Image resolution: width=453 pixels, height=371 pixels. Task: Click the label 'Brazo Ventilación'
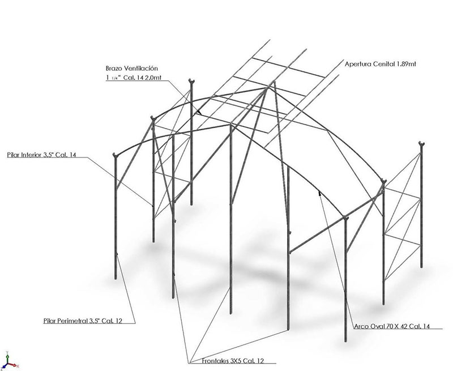pyautogui.click(x=132, y=68)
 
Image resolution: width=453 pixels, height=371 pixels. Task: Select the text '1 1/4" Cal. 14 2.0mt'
pyautogui.click(x=134, y=78)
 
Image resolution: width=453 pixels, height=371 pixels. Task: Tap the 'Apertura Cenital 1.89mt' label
pyautogui.click(x=380, y=64)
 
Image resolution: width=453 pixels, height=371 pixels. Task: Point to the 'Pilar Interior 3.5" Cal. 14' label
pyautogui.click(x=41, y=155)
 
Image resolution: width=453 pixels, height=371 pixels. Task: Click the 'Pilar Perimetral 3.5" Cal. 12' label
pyautogui.click(x=83, y=321)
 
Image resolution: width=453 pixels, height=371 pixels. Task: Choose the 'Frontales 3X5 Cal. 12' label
pyautogui.click(x=233, y=361)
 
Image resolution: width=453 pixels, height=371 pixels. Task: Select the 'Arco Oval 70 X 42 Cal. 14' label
pyautogui.click(x=392, y=326)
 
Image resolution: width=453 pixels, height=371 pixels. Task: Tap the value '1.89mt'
pyautogui.click(x=405, y=64)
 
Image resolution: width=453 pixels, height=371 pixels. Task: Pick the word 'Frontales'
pyautogui.click(x=215, y=361)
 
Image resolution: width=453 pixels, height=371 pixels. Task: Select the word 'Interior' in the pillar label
pyautogui.click(x=31, y=155)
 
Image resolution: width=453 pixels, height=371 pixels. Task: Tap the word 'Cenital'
pyautogui.click(x=383, y=64)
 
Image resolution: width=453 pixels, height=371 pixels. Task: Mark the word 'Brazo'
pyautogui.click(x=114, y=68)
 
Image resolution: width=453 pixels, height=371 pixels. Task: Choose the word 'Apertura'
pyautogui.click(x=358, y=64)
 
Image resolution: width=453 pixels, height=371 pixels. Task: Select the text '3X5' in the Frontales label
pyautogui.click(x=236, y=361)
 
